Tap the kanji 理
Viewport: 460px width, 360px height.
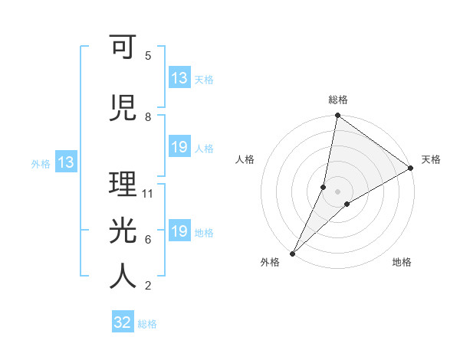pyautogui.click(x=123, y=185)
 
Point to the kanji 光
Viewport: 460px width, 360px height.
pyautogui.click(x=123, y=229)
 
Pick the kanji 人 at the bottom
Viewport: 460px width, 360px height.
pyautogui.click(x=123, y=277)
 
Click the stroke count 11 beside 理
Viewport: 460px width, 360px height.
pyautogui.click(x=148, y=194)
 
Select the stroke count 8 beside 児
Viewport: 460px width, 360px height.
pyautogui.click(x=148, y=117)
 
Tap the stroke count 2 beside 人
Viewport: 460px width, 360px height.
pyautogui.click(x=148, y=286)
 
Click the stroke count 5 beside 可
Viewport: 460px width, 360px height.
pyautogui.click(x=148, y=56)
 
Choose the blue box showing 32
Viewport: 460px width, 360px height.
pyautogui.click(x=123, y=322)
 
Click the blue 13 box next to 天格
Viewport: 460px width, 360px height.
pyautogui.click(x=179, y=78)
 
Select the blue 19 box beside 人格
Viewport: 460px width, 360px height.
pyautogui.click(x=179, y=147)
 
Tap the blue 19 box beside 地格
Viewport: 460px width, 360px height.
pyautogui.click(x=179, y=231)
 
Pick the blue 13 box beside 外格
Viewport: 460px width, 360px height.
pyautogui.click(x=65, y=162)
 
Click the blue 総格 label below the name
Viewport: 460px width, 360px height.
pyautogui.click(x=147, y=324)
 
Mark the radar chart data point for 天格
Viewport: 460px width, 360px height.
pyautogui.click(x=411, y=168)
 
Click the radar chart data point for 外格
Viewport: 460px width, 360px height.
pyautogui.click(x=292, y=254)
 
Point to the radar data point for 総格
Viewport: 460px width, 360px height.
pyautogui.click(x=337, y=116)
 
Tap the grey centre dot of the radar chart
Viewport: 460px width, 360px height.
pyautogui.click(x=337, y=191)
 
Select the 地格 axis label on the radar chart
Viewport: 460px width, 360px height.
pyautogui.click(x=402, y=262)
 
